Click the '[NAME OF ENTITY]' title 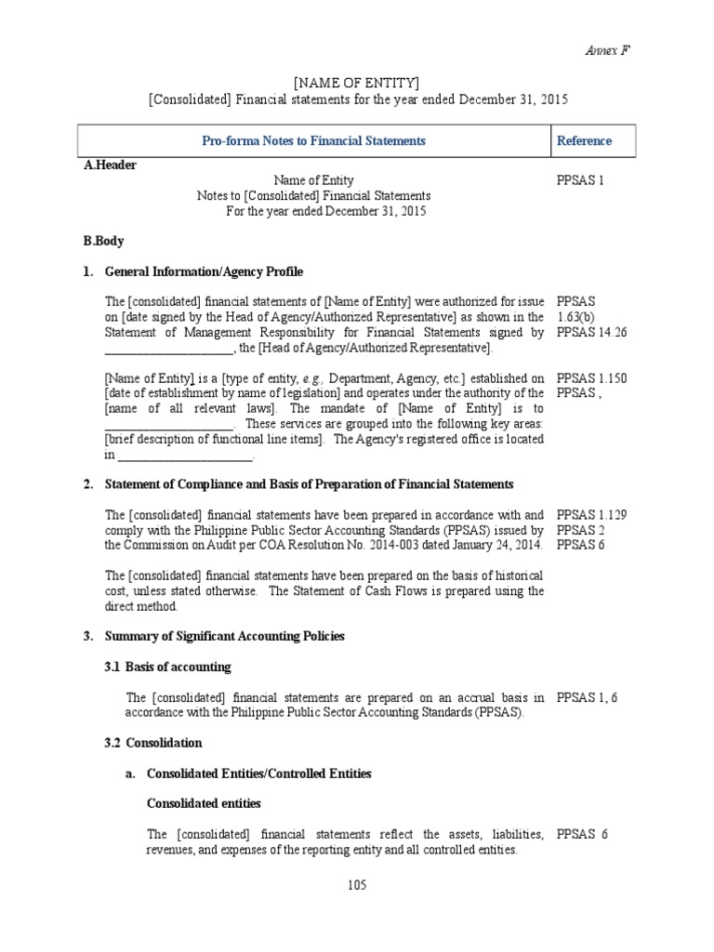(x=357, y=83)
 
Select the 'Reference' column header (x=584, y=141)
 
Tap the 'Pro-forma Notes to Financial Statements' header (x=313, y=141)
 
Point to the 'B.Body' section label (x=103, y=241)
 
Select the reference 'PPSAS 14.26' (x=591, y=332)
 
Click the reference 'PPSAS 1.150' (x=591, y=378)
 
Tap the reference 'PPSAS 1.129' (x=591, y=514)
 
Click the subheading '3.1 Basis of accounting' (x=178, y=667)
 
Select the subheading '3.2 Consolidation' (x=164, y=743)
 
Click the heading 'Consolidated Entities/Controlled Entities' (x=259, y=773)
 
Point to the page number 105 (x=357, y=885)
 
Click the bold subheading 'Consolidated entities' (x=204, y=803)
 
